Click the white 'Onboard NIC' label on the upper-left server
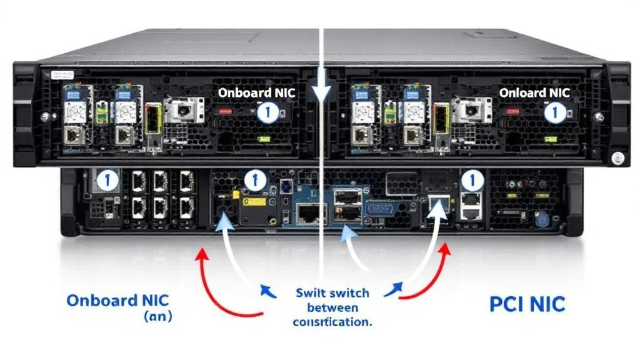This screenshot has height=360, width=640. [256, 93]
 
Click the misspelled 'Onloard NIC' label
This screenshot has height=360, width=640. [534, 93]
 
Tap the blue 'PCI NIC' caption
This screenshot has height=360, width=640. [528, 304]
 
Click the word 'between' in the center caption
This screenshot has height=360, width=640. [332, 307]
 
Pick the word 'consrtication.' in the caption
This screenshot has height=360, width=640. [332, 322]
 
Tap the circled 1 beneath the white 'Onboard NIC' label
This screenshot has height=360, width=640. [267, 113]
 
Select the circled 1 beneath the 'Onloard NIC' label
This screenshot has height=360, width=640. [552, 113]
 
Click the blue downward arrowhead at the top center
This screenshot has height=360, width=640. [321, 94]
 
